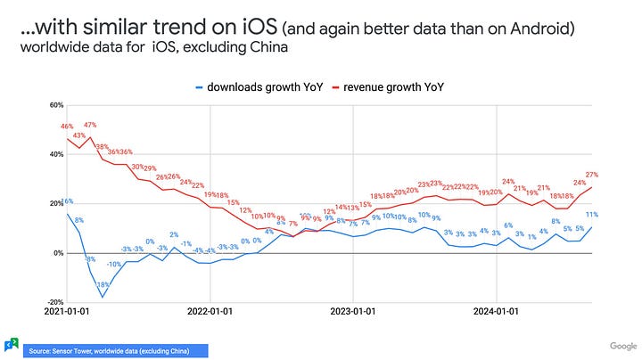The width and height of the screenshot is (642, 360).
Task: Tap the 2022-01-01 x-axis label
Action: tap(210, 312)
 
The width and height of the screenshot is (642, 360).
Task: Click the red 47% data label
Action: tap(90, 126)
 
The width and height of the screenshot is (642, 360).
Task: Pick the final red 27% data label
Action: tap(591, 175)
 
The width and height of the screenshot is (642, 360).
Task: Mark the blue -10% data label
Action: tap(114, 265)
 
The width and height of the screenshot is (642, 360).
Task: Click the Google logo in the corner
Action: tap(622, 346)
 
